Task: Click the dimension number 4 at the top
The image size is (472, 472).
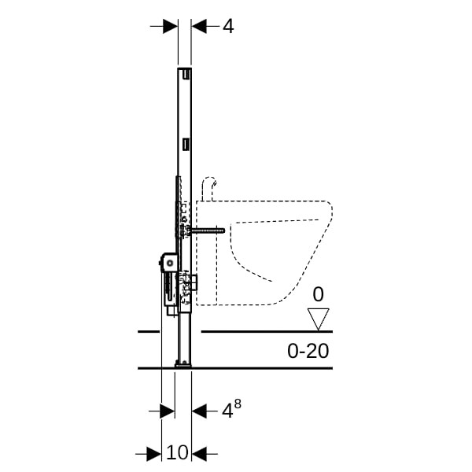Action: click(228, 27)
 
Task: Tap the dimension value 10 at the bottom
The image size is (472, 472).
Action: click(177, 452)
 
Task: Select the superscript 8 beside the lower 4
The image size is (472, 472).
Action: click(238, 404)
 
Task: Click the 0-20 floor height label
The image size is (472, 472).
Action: click(308, 351)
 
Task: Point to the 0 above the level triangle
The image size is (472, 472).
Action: click(318, 294)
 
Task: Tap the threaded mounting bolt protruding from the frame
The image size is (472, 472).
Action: click(208, 230)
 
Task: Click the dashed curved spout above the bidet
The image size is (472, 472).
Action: click(208, 188)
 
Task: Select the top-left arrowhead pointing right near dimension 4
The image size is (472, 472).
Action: click(170, 27)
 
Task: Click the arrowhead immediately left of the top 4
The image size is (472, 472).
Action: click(199, 27)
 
